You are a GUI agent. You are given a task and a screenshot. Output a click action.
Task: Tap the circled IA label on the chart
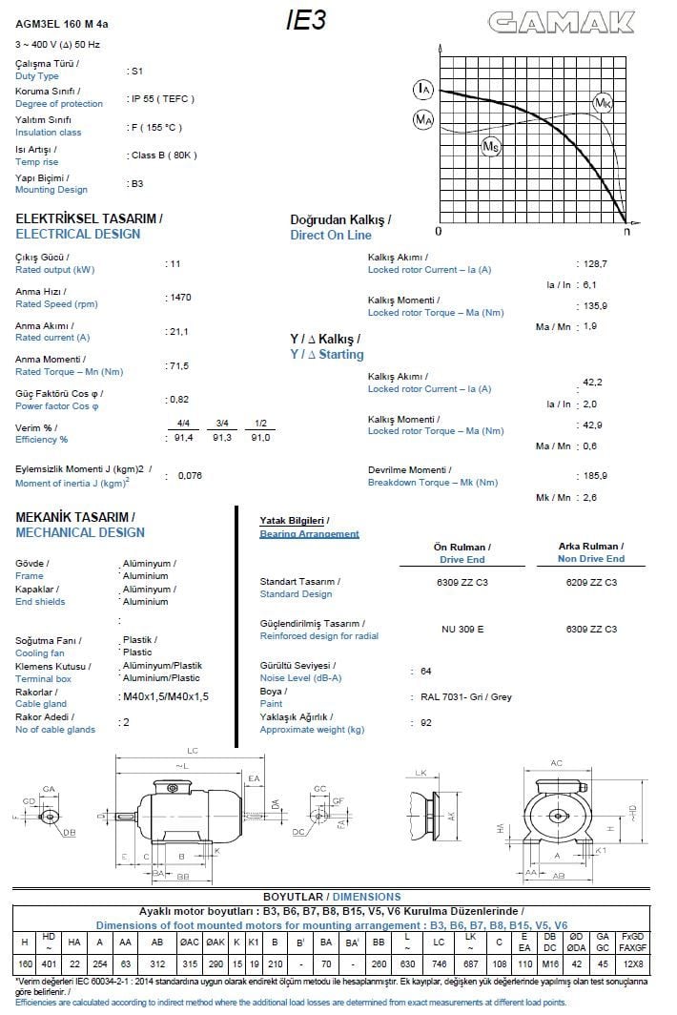pos(423,89)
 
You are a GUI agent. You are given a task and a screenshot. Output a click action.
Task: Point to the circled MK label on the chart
pos(603,102)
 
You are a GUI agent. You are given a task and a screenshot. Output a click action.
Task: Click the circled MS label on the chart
pos(490,146)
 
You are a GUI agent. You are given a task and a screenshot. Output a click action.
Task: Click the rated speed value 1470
pos(179,298)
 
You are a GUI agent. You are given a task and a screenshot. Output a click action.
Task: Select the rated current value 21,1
pos(178,332)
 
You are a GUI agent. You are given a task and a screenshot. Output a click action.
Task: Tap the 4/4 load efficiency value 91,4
pos(183,437)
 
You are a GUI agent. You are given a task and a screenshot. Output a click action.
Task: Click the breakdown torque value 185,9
pos(595,475)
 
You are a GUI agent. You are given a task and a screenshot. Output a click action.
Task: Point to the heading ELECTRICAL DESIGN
pos(78,234)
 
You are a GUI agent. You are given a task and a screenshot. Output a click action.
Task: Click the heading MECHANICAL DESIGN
pos(80,532)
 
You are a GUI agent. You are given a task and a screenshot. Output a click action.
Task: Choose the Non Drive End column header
pos(591,559)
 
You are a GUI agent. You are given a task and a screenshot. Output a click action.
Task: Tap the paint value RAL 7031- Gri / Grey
pos(466,697)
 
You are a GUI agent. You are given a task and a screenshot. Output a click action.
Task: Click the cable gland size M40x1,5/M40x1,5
pos(166,697)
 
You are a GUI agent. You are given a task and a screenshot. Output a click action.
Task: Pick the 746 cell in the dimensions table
pos(439,963)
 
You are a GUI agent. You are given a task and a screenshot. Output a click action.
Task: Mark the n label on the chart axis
pos(626,231)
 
